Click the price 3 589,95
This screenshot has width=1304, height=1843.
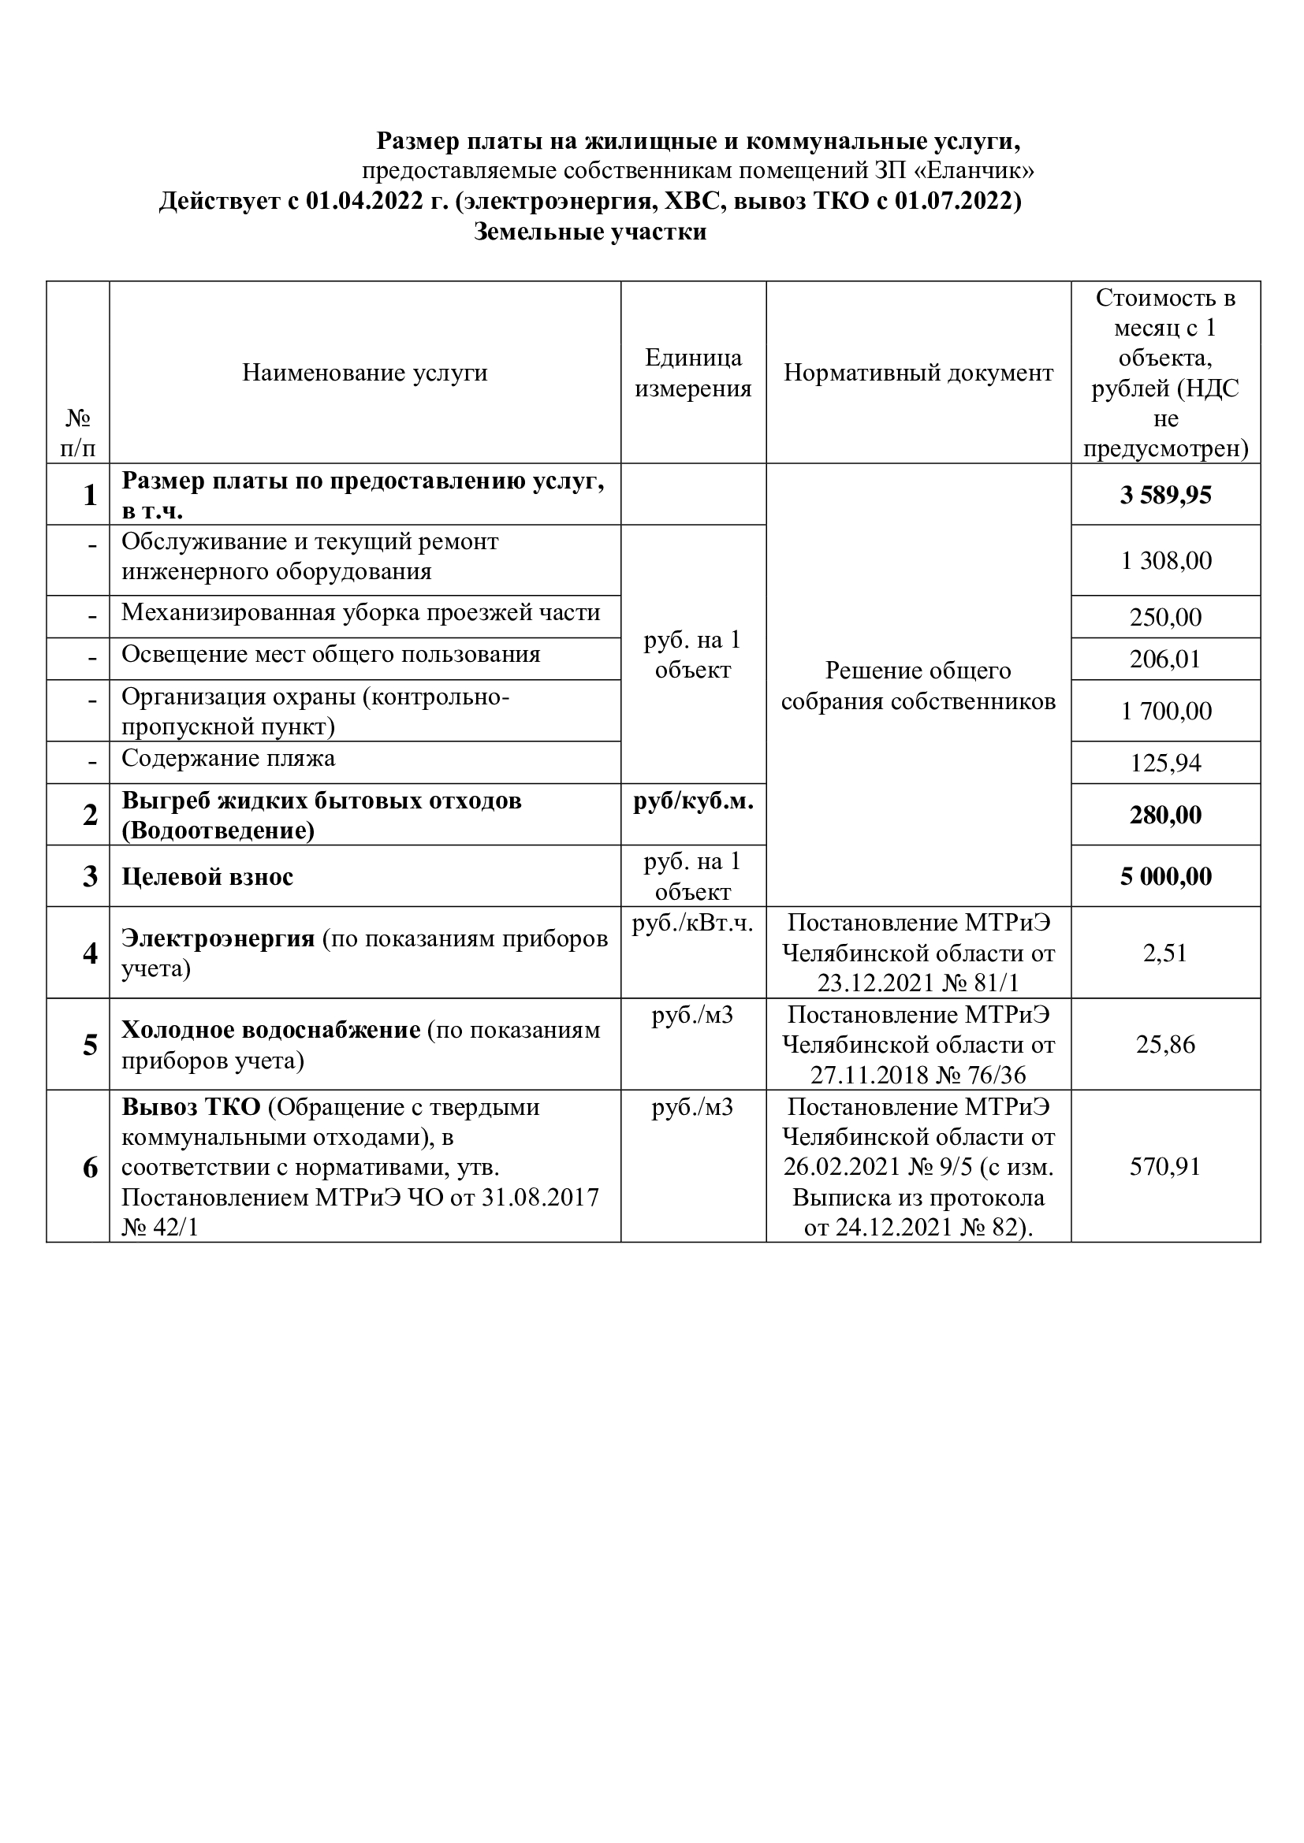[1165, 495]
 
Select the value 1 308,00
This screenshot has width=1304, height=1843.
[1166, 560]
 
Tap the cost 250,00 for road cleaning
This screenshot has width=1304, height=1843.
[1166, 617]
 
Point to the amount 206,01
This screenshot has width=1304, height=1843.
[1166, 659]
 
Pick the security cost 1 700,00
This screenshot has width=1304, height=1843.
[1166, 711]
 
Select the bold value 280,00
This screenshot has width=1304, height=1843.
[1166, 815]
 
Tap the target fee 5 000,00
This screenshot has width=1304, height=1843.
[1166, 875]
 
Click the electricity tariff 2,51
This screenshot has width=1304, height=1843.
[1166, 953]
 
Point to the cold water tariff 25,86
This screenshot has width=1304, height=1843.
[1166, 1044]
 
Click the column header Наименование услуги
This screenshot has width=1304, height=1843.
[364, 373]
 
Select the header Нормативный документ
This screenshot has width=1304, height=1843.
[918, 373]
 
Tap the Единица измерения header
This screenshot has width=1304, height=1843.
[693, 373]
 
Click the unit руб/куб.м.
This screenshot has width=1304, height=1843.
[693, 801]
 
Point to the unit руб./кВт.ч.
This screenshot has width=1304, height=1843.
[693, 924]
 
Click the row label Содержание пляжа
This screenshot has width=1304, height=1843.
[228, 759]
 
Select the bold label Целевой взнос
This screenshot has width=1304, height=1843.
[207, 876]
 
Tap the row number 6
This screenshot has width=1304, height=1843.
[90, 1167]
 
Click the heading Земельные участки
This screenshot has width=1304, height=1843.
[591, 232]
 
